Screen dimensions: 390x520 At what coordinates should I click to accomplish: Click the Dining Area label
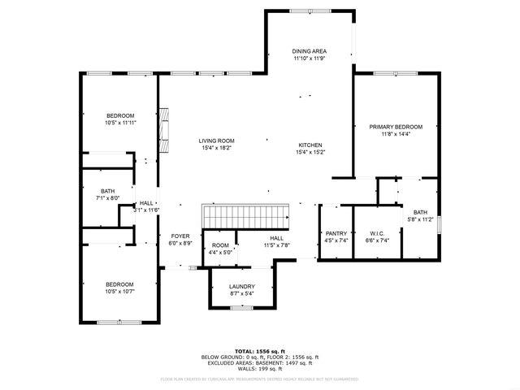coord(309,51)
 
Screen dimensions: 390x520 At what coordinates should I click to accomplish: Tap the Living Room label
coord(216,141)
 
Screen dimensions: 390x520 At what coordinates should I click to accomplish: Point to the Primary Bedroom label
coord(396,127)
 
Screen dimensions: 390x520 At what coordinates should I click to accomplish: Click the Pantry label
coord(336,233)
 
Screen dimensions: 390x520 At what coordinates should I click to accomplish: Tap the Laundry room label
coord(241,286)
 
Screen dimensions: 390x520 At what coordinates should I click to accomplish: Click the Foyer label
coord(180,236)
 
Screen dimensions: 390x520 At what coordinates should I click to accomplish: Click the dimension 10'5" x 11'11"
coord(119,123)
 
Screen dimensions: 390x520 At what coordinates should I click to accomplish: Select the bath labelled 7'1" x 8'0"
coord(108,192)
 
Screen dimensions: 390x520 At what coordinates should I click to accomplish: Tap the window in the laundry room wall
coord(241,308)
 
